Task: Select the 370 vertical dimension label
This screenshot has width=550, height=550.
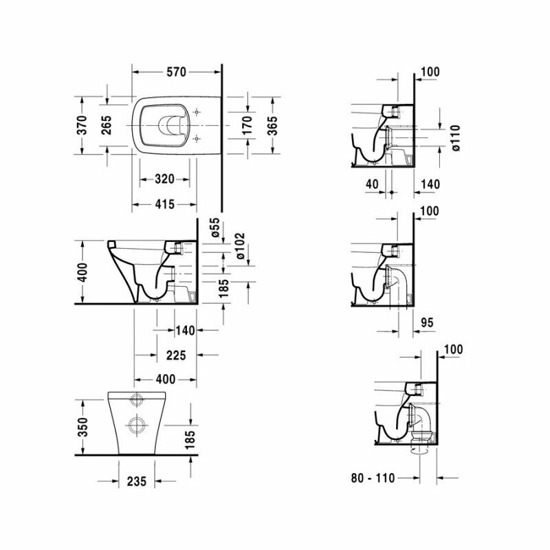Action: [82, 125]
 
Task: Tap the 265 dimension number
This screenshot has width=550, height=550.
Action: [107, 125]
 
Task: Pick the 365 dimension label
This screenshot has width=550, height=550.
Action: [272, 125]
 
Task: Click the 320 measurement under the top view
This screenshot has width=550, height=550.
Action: [164, 179]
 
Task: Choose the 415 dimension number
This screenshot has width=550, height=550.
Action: [164, 203]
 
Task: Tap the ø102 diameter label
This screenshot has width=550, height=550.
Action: [240, 245]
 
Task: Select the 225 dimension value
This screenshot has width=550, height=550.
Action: [176, 355]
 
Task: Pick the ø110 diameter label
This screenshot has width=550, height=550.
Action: [454, 137]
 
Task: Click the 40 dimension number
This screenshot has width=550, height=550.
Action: [373, 184]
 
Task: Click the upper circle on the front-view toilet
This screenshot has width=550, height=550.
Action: [135, 400]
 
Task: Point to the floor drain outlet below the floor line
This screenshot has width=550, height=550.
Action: [419, 451]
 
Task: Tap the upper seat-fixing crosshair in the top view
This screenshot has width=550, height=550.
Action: [197, 111]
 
